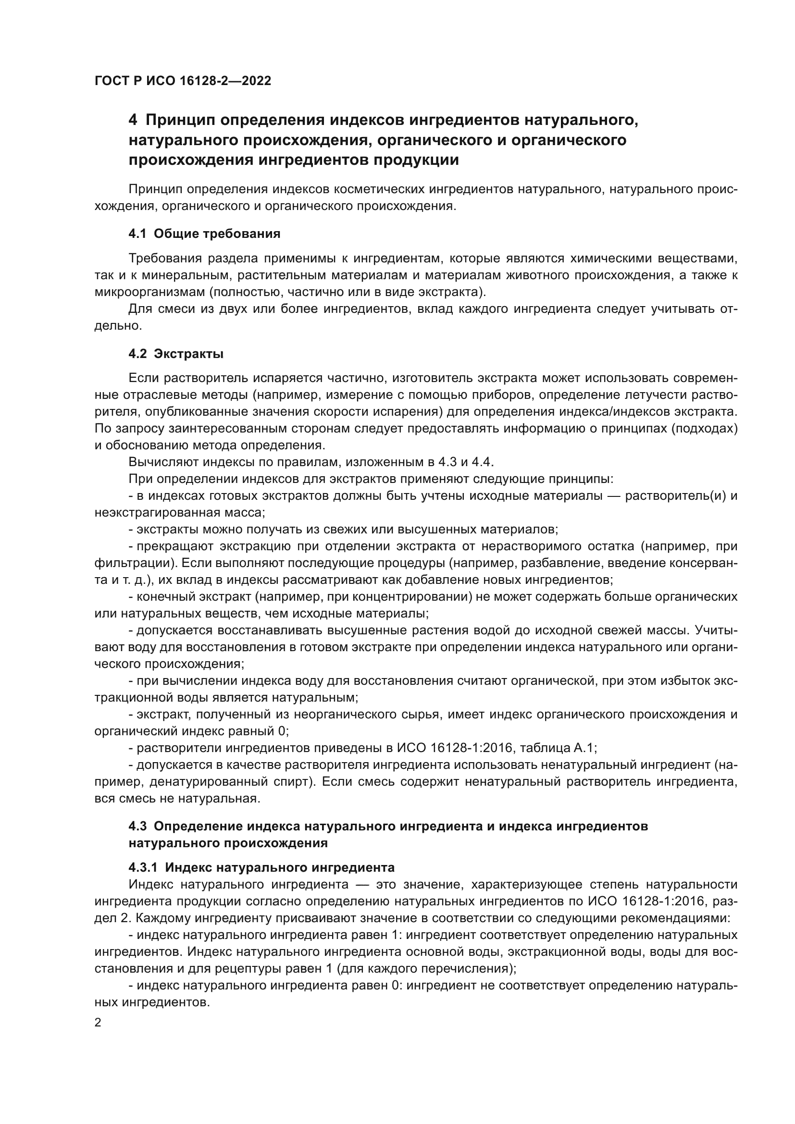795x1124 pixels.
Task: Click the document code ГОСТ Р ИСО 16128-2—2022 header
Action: click(183, 81)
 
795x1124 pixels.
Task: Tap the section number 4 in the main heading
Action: click(132, 120)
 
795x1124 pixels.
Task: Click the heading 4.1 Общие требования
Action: click(204, 234)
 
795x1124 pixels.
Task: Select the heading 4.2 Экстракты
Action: click(176, 354)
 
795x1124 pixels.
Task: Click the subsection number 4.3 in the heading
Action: click(137, 826)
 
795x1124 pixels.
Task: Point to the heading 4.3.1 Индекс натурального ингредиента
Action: click(261, 867)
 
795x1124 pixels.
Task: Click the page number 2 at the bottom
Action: click(98, 1022)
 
